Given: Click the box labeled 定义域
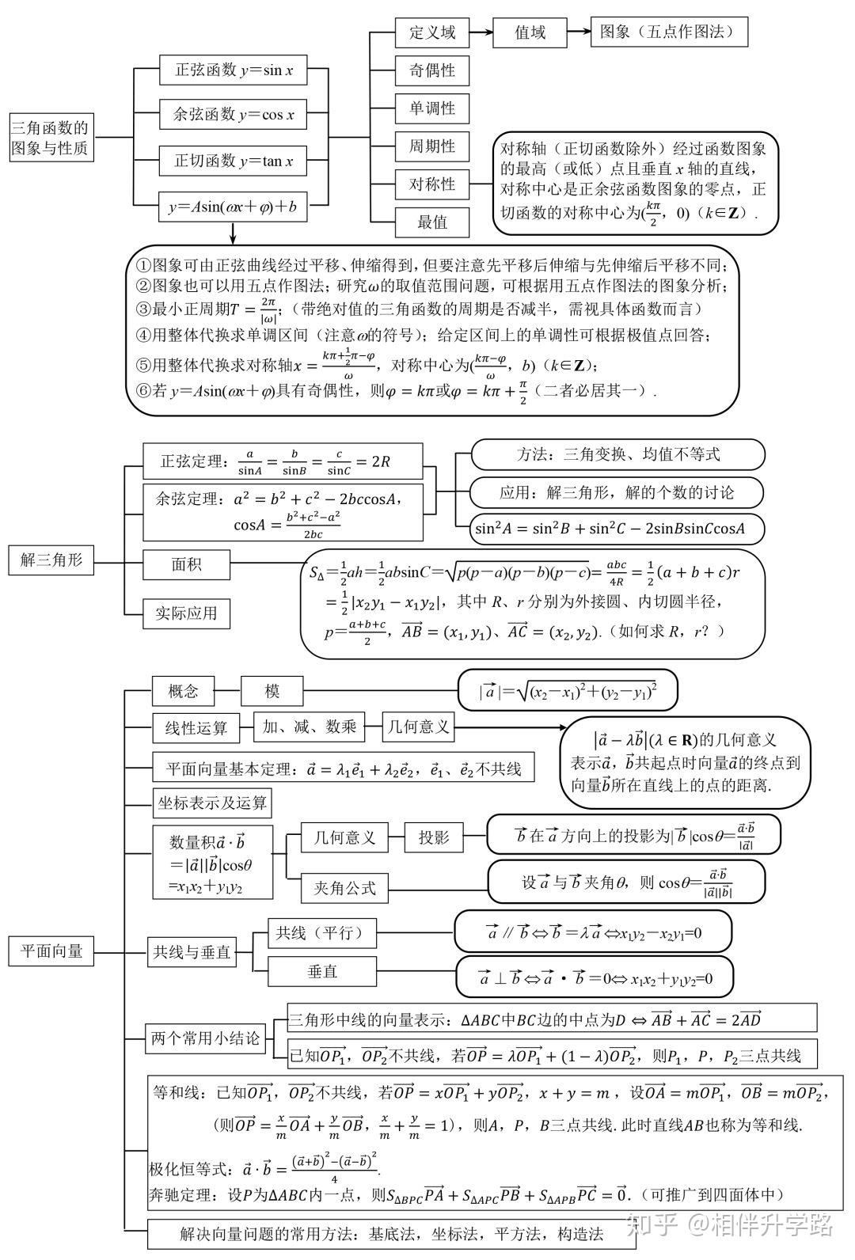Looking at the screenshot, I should coord(432,32).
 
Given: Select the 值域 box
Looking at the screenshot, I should coord(530,32).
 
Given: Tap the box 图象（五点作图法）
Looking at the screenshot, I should coord(669,32).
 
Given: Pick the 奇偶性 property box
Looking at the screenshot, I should coord(432,70).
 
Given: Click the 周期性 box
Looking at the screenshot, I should coord(432,146).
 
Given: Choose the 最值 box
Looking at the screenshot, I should coord(432,222).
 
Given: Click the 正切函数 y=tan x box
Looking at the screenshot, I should coord(233,161).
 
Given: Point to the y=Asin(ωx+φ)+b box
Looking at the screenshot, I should coord(233,207).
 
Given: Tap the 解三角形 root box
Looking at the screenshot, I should coord(51,560).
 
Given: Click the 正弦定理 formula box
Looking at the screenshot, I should coord(283,461).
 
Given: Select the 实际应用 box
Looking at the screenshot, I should coord(186,613).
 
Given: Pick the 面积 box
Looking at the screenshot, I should coord(186,565).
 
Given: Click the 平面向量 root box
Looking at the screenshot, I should coord(51,951).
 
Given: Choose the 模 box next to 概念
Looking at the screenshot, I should coord(272,691).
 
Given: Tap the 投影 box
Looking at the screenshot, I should coord(433,837).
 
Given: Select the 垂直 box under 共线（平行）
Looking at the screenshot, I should coord(321,971).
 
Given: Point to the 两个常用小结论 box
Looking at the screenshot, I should coord(205,1038).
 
